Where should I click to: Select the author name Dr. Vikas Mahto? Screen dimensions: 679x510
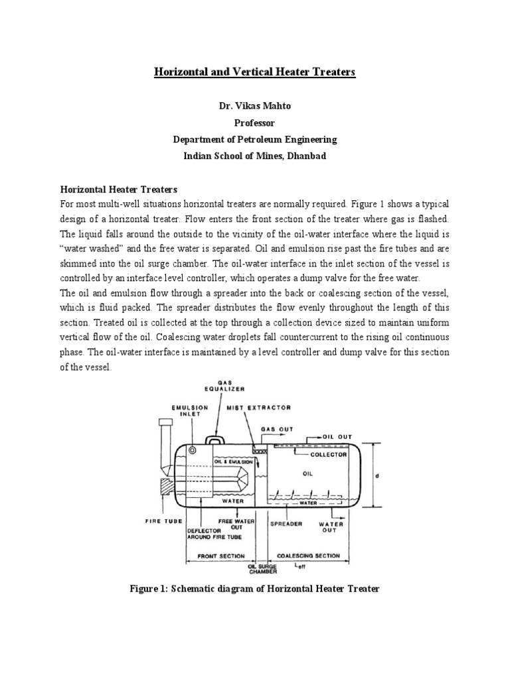click(x=255, y=106)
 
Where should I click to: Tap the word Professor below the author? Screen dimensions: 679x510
click(x=255, y=123)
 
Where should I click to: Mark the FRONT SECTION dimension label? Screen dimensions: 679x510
click(x=222, y=556)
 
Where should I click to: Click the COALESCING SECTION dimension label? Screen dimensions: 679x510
click(x=309, y=556)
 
